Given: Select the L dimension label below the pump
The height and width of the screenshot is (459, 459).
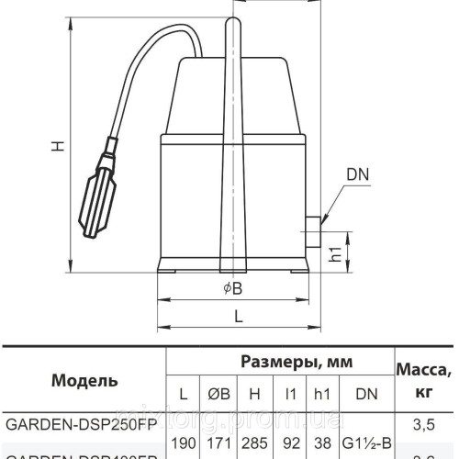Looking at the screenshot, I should pyautogui.click(x=238, y=317).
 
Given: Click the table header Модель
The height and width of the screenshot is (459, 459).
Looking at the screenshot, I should pyautogui.click(x=84, y=380).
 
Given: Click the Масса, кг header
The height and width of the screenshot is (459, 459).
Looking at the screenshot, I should pyautogui.click(x=423, y=380).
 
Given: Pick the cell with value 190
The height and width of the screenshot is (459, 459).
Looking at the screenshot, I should pyautogui.click(x=184, y=443).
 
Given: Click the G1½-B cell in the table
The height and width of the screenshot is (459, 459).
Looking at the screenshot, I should pyautogui.click(x=367, y=443).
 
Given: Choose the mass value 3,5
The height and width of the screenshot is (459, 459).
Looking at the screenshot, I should pyautogui.click(x=423, y=425).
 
